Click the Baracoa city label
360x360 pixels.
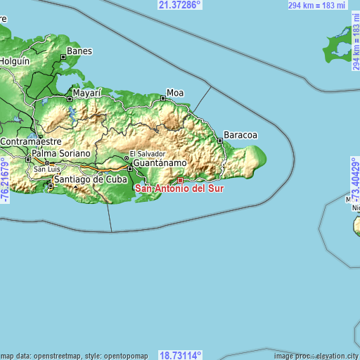pyautogui.click(x=240, y=134)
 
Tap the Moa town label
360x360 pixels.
pyautogui.click(x=175, y=92)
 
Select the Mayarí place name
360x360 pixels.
pyautogui.click(x=88, y=92)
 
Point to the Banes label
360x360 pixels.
pyautogui.click(x=79, y=51)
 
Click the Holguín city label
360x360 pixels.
pyautogui.click(x=14, y=61)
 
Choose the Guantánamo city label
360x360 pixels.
pyautogui.click(x=160, y=162)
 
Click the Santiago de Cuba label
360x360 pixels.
pyautogui.click(x=89, y=179)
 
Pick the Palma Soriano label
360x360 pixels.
pyautogui.click(x=61, y=153)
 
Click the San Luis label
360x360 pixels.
pyautogui.click(x=48, y=169)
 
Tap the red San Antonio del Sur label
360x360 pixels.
pyautogui.click(x=180, y=188)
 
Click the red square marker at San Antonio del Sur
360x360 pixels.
pyautogui.click(x=180, y=180)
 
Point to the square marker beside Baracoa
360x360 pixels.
pyautogui.click(x=220, y=141)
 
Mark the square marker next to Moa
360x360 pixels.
pyautogui.click(x=163, y=99)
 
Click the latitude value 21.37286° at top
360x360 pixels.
pyautogui.click(x=179, y=5)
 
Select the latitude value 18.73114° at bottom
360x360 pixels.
pyautogui.click(x=181, y=355)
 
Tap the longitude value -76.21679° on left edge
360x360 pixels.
pyautogui.click(x=5, y=181)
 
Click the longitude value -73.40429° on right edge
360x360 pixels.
pyautogui.click(x=355, y=181)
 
